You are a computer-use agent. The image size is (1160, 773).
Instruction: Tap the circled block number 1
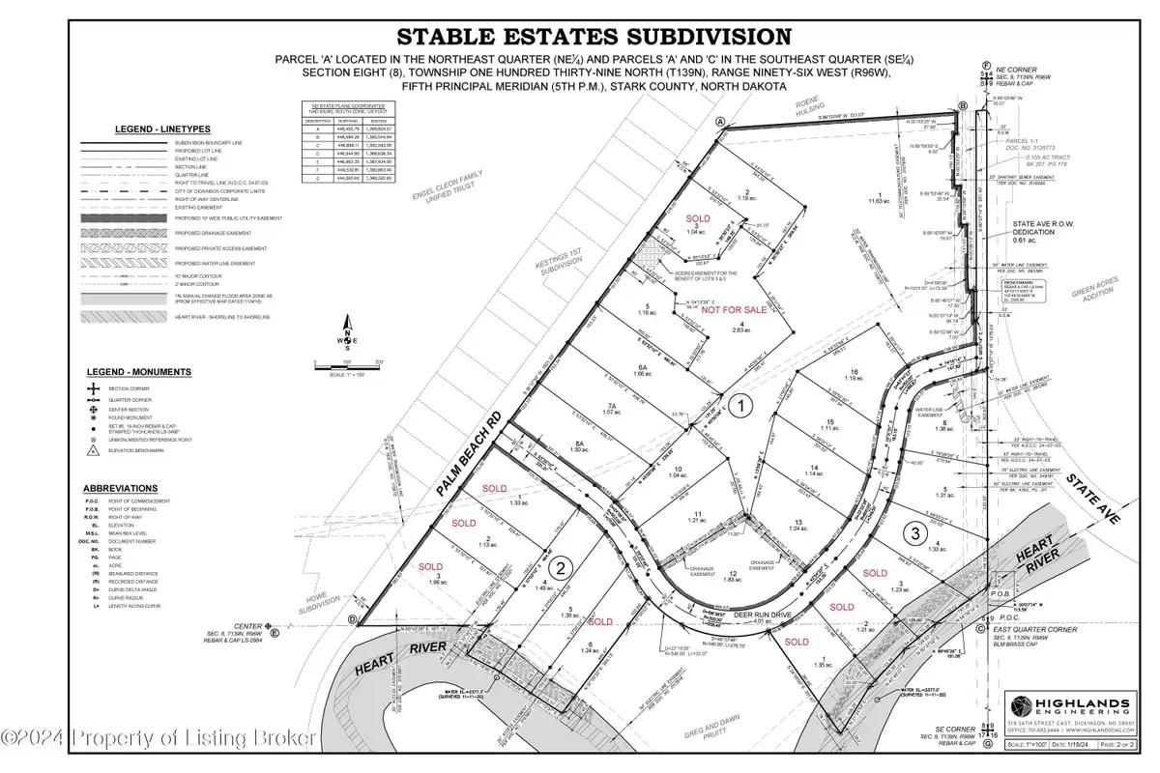[x=739, y=408]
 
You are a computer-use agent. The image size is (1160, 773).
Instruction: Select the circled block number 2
[x=565, y=568]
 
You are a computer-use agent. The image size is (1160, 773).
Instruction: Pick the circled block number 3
[x=911, y=531]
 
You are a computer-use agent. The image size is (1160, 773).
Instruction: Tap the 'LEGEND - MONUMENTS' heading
[x=151, y=372]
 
